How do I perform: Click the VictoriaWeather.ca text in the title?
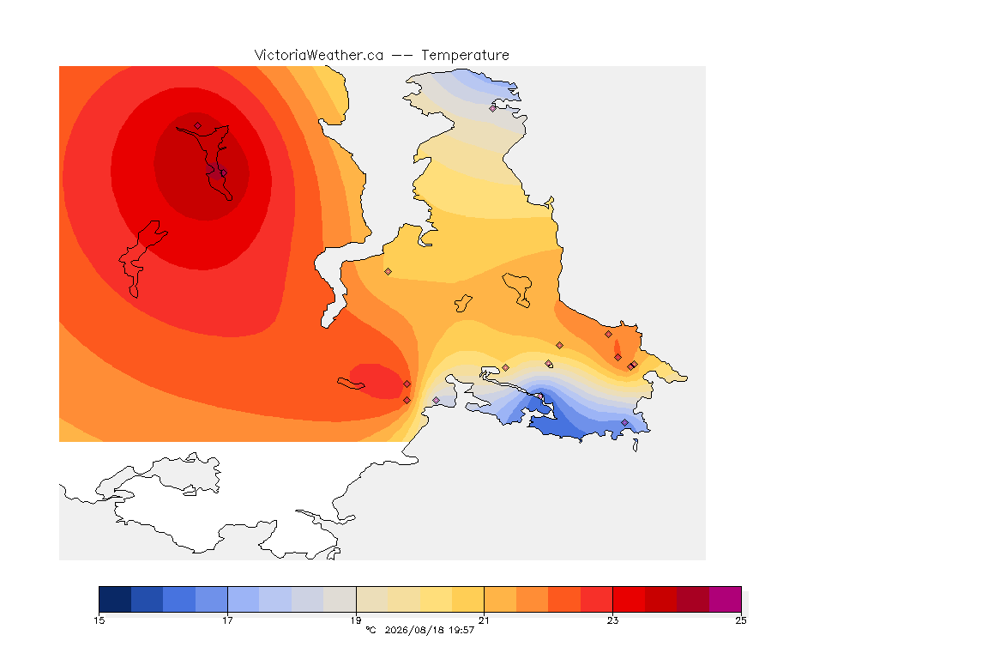tap(319, 56)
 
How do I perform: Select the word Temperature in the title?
tap(465, 56)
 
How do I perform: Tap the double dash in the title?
tap(402, 56)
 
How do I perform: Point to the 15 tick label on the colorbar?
tap(99, 620)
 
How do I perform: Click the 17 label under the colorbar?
tap(227, 620)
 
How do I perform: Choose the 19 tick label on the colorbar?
tap(356, 620)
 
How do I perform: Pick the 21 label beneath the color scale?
tap(484, 620)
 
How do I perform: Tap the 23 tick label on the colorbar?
tap(612, 620)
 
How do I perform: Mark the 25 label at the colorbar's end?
tap(741, 620)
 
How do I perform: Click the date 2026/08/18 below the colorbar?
tap(413, 630)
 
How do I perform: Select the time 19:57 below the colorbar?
tap(461, 630)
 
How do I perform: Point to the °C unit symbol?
tap(370, 630)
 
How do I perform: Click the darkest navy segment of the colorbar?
tap(115, 599)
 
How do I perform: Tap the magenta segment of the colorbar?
tap(726, 599)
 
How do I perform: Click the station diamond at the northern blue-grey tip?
tap(493, 108)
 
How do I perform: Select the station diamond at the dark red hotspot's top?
tap(198, 126)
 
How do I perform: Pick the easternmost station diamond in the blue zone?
tap(625, 422)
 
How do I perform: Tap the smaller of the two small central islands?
tap(464, 304)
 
